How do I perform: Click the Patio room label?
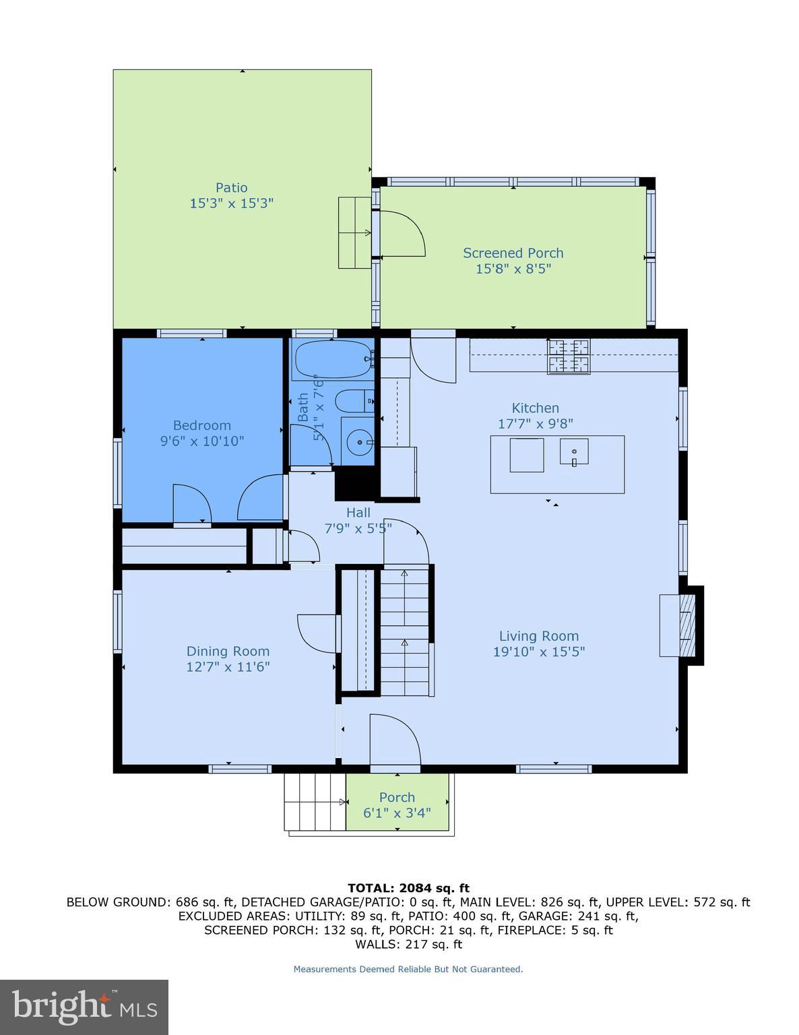coord(231,188)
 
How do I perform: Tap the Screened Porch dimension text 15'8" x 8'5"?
coord(513,269)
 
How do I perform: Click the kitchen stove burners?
coord(568,356)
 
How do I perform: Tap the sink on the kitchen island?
coord(573,452)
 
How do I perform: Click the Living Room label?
coord(538,636)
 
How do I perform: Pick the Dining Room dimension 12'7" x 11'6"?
coord(228,667)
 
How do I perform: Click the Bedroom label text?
coord(201,425)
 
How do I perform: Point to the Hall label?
coord(358,513)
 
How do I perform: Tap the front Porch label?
coord(397,797)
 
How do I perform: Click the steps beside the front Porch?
coord(315,802)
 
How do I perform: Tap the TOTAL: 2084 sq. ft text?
coord(408,888)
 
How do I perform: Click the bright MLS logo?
coord(84,1007)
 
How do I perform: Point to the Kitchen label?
coord(535,408)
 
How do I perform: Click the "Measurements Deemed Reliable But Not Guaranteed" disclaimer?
coord(408,969)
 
